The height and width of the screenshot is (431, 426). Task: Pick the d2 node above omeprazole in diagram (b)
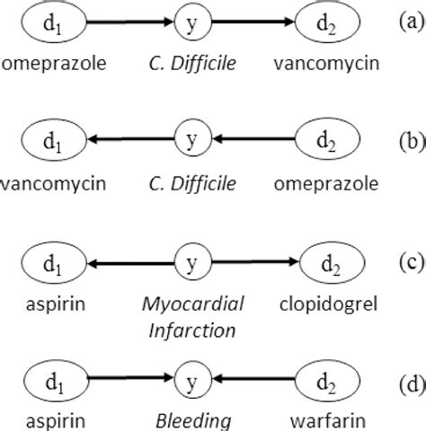point(330,141)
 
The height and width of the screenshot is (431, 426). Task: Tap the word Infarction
point(191,330)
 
